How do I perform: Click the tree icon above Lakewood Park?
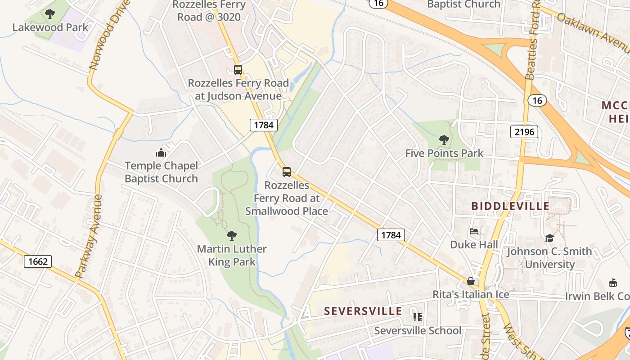click(50, 14)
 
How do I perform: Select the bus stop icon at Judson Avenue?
click(238, 70)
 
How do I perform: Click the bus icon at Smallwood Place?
click(287, 172)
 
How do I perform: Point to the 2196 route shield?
click(524, 132)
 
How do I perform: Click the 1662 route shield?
click(38, 261)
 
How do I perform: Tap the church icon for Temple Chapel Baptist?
click(161, 153)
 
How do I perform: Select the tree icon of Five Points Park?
click(444, 140)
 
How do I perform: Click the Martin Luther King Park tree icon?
click(232, 235)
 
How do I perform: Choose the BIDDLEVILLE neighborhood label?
click(510, 206)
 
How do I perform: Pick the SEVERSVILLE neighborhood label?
click(363, 311)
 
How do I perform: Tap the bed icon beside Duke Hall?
click(474, 232)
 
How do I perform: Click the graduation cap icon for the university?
click(549, 238)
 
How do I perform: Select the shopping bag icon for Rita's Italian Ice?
click(471, 281)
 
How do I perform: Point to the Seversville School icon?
click(418, 317)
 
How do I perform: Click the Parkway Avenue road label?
click(90, 236)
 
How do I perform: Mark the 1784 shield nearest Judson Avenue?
click(264, 125)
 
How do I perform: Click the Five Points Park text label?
click(444, 153)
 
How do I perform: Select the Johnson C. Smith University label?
click(549, 257)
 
